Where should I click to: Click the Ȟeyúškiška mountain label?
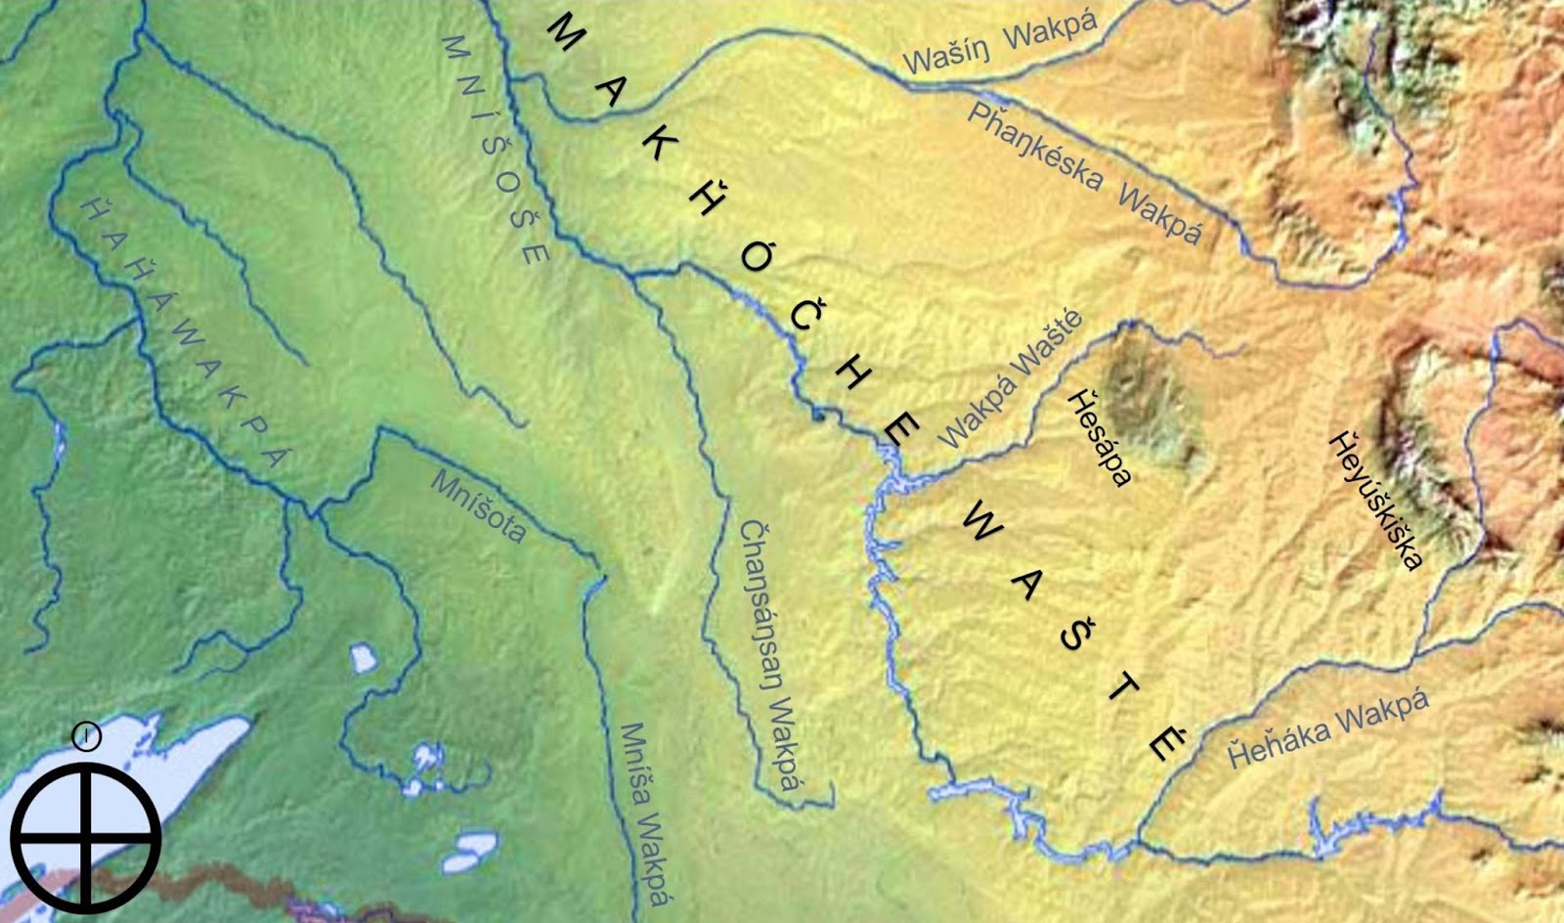1376,500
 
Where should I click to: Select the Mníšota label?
478,505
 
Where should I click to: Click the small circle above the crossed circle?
86,736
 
